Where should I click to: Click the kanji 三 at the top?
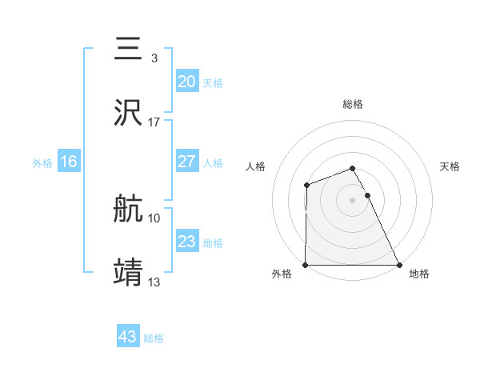pyautogui.click(x=129, y=49)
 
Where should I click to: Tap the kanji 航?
pyautogui.click(x=129, y=210)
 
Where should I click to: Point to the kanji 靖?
pyautogui.click(x=129, y=272)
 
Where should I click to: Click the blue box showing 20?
pyautogui.click(x=186, y=82)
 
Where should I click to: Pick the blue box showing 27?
pyautogui.click(x=186, y=162)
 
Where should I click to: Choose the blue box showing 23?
pyautogui.click(x=186, y=242)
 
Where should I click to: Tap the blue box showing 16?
pyautogui.click(x=69, y=162)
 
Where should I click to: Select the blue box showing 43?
pyautogui.click(x=128, y=337)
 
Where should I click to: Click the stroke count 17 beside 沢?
pyautogui.click(x=154, y=122)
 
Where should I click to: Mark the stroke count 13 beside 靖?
pyautogui.click(x=154, y=282)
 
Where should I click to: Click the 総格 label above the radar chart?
pyautogui.click(x=353, y=104)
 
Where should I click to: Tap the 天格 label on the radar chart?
pyautogui.click(x=450, y=166)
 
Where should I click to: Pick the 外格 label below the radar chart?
pyautogui.click(x=282, y=274)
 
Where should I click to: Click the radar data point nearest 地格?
pyautogui.click(x=399, y=265)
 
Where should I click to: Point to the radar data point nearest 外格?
pyautogui.click(x=306, y=265)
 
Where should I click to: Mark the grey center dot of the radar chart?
pyautogui.click(x=353, y=200)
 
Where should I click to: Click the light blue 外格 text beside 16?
pyautogui.click(x=42, y=162)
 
